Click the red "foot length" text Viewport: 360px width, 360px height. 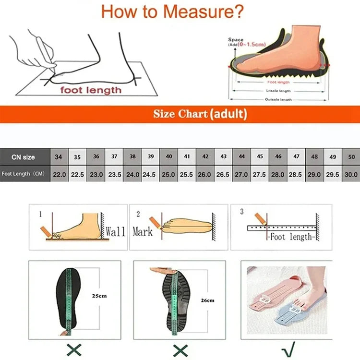click(91, 90)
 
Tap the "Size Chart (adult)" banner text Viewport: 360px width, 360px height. click(200, 114)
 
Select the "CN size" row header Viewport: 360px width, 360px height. click(24, 157)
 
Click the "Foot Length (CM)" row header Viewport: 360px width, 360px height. click(24, 174)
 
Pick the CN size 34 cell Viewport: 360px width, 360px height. click(59, 157)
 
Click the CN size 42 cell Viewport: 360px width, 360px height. click(205, 157)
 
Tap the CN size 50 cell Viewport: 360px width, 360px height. click(351, 157)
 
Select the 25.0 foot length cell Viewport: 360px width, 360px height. click(168, 174)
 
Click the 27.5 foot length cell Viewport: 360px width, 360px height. click(260, 174)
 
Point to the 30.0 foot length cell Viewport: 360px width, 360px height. click(351, 174)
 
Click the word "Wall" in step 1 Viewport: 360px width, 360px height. click(115, 232)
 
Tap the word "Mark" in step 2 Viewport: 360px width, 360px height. click(143, 231)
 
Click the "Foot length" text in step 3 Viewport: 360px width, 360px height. click(291, 237)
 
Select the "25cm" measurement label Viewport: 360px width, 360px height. click(99, 296)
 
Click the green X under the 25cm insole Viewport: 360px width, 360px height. click(73, 348)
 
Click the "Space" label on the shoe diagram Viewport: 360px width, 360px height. click(236, 40)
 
